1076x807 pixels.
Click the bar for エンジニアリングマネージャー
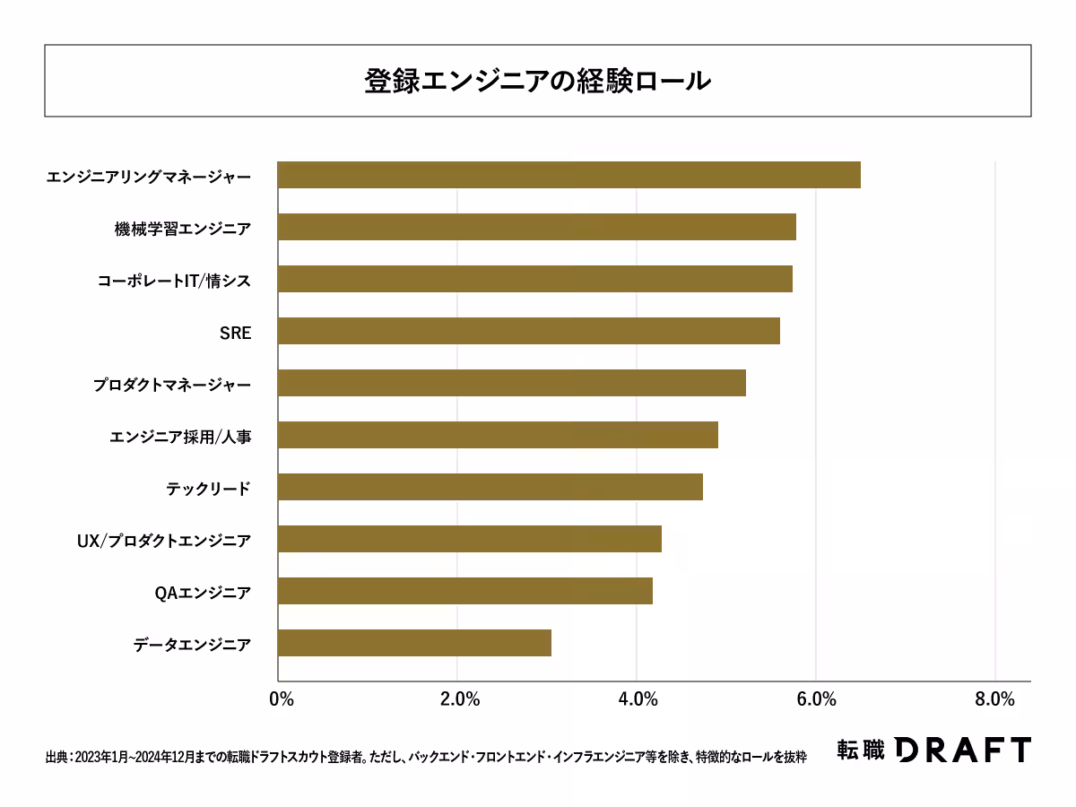point(568,175)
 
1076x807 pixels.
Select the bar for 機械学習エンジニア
point(536,227)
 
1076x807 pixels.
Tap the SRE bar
point(528,331)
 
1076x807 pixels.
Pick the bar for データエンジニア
point(414,643)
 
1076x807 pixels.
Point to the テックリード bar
point(490,487)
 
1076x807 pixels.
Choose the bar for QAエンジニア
point(464,591)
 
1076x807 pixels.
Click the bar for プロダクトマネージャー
point(511,383)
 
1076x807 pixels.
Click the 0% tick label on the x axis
point(281,699)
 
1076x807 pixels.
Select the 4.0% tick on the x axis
point(637,699)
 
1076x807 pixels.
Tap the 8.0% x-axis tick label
point(994,699)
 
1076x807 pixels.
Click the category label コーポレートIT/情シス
point(174,281)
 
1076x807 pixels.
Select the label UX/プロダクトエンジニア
point(163,541)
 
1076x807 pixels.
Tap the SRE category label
point(235,333)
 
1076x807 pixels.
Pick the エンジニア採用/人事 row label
point(180,437)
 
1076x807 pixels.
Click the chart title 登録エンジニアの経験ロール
point(538,80)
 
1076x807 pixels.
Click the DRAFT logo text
point(962,750)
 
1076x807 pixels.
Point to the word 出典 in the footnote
point(56,757)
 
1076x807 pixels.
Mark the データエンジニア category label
point(192,645)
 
